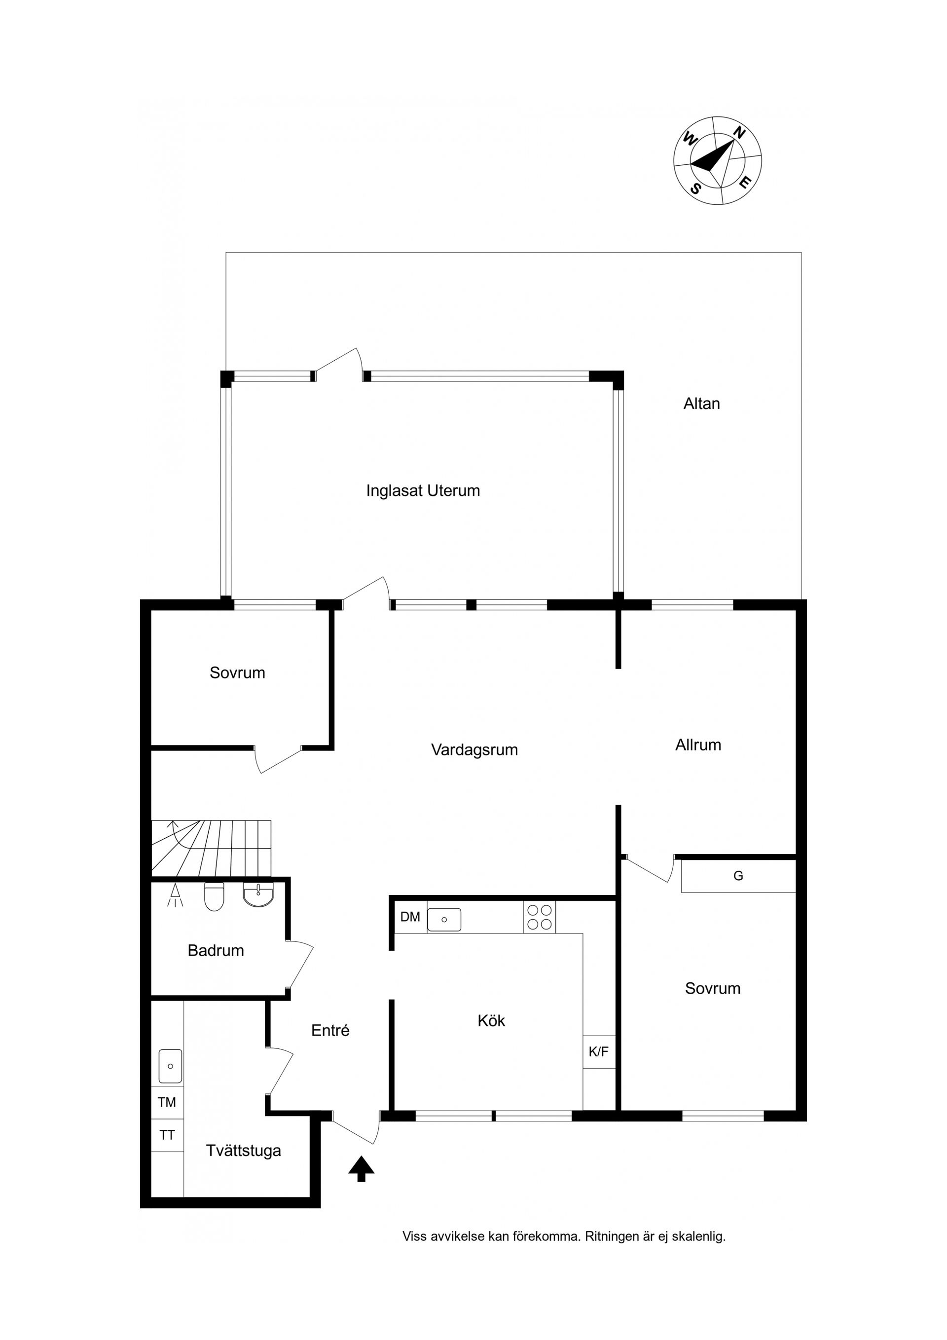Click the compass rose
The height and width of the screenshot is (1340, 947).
718,160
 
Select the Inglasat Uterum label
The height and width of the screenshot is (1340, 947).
423,491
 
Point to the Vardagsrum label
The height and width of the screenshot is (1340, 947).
474,750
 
